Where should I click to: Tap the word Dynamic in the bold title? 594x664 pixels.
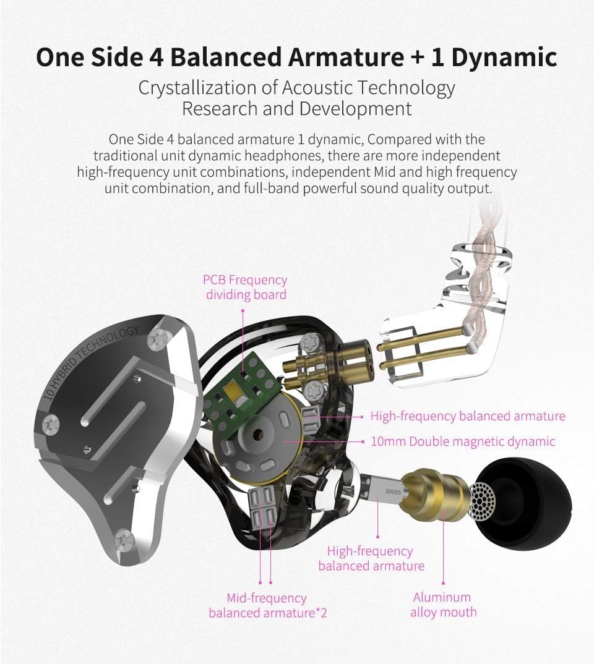click(504, 57)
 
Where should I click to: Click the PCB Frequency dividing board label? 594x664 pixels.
click(245, 287)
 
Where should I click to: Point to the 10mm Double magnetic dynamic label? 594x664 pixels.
click(463, 441)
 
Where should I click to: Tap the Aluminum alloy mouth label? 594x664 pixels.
click(443, 604)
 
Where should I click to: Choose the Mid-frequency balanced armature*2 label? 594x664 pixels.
click(267, 605)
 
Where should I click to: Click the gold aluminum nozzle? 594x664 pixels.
click(436, 493)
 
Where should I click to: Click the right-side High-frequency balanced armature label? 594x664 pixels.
click(468, 416)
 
